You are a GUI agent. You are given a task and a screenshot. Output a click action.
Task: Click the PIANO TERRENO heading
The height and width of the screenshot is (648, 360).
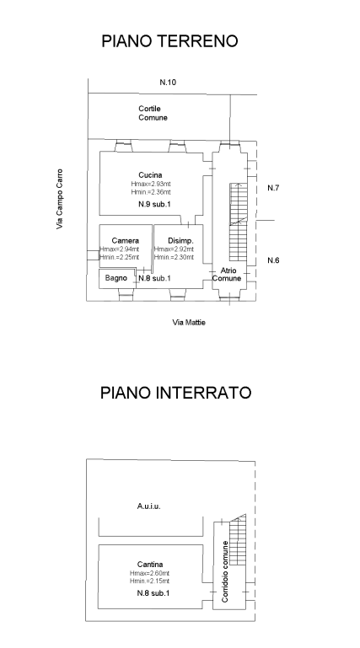[169, 40]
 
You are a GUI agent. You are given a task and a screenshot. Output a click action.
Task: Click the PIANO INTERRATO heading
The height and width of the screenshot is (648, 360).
[175, 394]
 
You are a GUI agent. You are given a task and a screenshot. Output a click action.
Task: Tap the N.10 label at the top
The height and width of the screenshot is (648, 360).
[168, 82]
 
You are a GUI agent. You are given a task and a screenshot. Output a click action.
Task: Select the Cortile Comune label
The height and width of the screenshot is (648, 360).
[153, 113]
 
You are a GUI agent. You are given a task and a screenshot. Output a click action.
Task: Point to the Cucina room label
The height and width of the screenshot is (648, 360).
[150, 174]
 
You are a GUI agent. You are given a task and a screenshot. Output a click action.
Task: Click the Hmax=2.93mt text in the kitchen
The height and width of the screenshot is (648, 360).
[151, 184]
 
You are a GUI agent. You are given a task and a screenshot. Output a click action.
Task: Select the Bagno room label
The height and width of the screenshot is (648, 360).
[116, 277]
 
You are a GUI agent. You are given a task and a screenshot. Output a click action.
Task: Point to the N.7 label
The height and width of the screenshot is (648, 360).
[272, 187]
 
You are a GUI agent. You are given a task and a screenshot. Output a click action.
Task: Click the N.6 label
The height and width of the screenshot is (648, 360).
[272, 260]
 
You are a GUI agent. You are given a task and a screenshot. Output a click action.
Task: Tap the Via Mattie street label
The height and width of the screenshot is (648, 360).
[189, 322]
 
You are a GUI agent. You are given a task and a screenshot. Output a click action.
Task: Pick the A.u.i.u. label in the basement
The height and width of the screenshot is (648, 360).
[149, 507]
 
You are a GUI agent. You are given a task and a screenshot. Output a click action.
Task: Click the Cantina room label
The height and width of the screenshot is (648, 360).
[150, 565]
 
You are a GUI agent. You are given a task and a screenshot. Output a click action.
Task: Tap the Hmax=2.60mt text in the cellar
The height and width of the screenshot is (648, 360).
[150, 574]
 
